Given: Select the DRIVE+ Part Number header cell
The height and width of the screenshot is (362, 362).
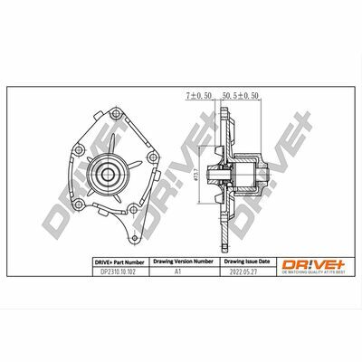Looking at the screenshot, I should [x=121, y=261].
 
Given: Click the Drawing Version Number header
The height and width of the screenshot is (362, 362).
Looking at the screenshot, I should [x=183, y=261].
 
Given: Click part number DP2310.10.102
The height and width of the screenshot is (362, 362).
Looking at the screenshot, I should [x=121, y=271].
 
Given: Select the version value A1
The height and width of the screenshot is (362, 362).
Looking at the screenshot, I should [x=183, y=271].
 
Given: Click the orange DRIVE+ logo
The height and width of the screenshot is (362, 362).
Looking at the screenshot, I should [x=312, y=262].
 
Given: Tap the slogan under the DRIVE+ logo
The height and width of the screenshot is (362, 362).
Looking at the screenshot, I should [x=312, y=271].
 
